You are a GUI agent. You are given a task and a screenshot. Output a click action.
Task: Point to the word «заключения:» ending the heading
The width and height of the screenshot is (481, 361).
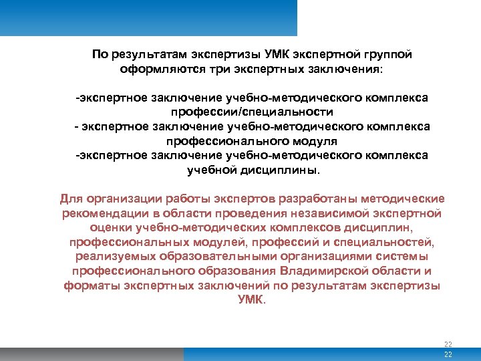click(348, 69)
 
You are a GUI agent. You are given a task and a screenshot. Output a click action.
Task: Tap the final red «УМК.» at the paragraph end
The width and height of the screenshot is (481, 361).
click(252, 299)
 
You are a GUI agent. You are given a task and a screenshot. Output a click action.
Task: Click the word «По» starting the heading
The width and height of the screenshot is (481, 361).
click(100, 55)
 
